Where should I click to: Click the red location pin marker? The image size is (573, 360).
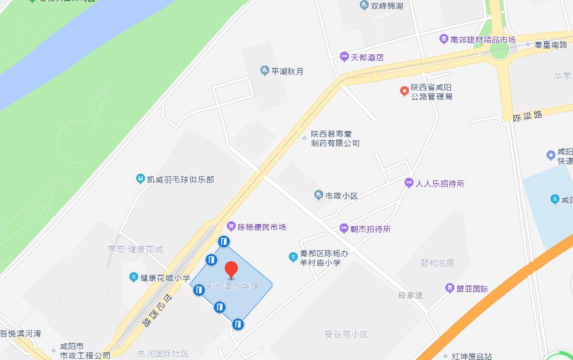tap(232, 269)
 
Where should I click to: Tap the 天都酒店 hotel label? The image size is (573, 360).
tap(367, 57)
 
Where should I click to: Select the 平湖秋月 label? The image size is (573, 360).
tap(287, 72)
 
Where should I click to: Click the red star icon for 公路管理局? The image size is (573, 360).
tap(404, 91)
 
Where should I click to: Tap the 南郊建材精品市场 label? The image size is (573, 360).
tap(483, 40)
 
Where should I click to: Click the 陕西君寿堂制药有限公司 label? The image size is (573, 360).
tap(335, 138)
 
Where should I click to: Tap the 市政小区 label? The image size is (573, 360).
tap(341, 195)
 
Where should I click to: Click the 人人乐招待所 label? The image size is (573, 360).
tap(440, 183)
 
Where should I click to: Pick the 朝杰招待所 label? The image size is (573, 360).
tap(370, 229)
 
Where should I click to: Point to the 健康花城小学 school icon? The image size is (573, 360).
tap(134, 277)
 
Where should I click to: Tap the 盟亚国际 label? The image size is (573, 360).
tap(472, 288)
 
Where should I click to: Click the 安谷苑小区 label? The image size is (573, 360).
tap(346, 335)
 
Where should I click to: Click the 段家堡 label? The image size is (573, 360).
tap(411, 294)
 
